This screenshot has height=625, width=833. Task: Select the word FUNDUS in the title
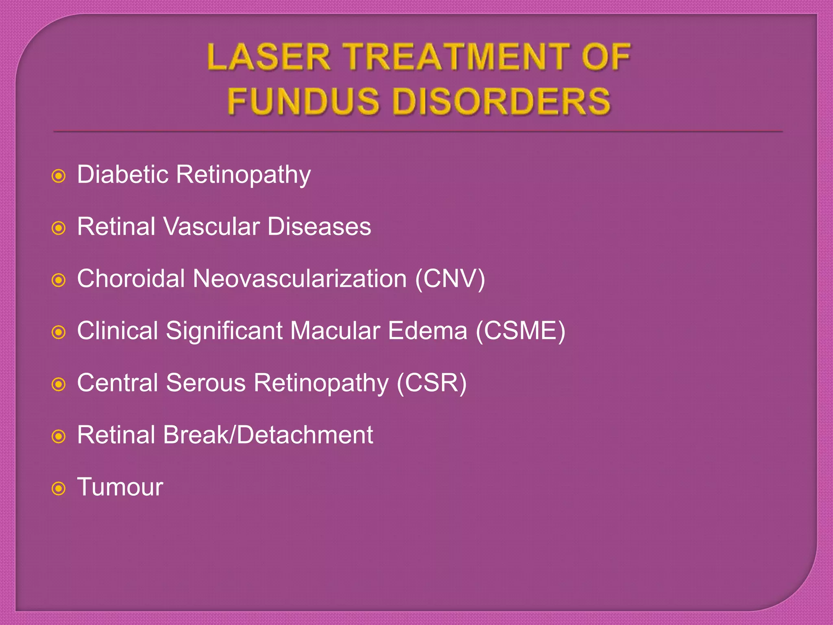pyautogui.click(x=303, y=101)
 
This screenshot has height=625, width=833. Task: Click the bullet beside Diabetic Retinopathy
pyautogui.click(x=59, y=176)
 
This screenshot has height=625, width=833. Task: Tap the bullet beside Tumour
pyautogui.click(x=59, y=488)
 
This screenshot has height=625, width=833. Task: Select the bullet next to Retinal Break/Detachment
pyautogui.click(x=59, y=437)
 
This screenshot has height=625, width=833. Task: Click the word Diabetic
pyautogui.click(x=122, y=175)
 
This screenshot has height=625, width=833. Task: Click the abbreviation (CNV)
pyautogui.click(x=450, y=279)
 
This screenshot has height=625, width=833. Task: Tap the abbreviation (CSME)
pyautogui.click(x=521, y=331)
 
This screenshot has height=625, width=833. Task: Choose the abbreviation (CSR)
pyautogui.click(x=432, y=383)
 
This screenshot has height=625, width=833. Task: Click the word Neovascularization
pyautogui.click(x=300, y=279)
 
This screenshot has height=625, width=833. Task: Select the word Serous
pyautogui.click(x=206, y=383)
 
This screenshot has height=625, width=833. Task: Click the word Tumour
pyautogui.click(x=120, y=487)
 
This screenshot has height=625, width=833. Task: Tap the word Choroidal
pyautogui.click(x=131, y=279)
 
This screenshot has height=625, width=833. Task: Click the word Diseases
pyautogui.click(x=319, y=227)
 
